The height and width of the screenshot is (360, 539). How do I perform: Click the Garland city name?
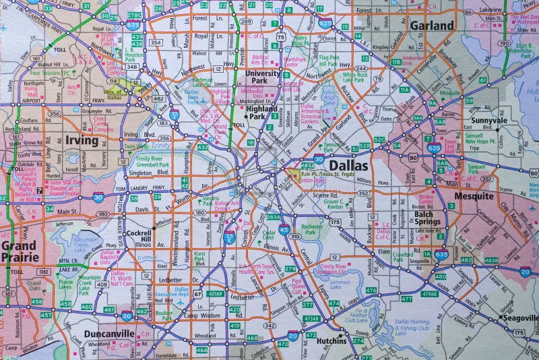431,26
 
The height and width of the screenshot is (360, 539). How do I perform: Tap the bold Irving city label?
82,141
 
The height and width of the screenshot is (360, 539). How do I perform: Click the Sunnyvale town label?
489,120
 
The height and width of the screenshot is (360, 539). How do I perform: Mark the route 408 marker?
102,284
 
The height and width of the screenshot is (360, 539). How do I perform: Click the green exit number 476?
371,291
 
